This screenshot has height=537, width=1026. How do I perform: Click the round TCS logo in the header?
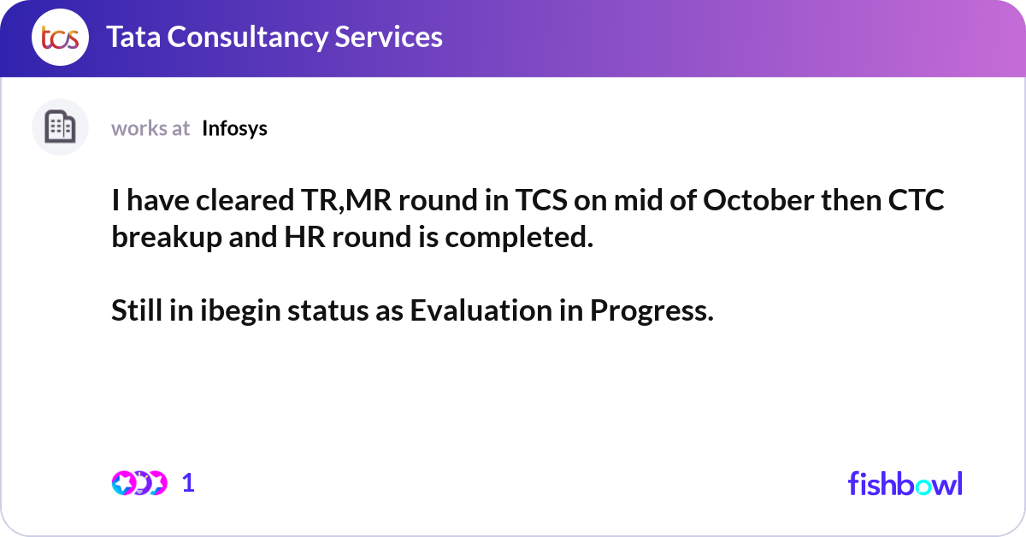pyautogui.click(x=60, y=37)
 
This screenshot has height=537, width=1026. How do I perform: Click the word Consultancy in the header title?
pyautogui.click(x=247, y=38)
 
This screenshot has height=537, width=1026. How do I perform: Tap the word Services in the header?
pyautogui.click(x=388, y=37)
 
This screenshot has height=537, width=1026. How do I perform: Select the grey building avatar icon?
pyautogui.click(x=60, y=127)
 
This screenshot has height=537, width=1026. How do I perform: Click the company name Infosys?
pyautogui.click(x=234, y=129)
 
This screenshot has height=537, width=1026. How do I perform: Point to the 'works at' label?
pyautogui.click(x=150, y=129)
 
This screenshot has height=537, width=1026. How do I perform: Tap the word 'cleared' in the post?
pyautogui.click(x=245, y=200)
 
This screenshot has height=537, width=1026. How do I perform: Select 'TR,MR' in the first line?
pyautogui.click(x=346, y=200)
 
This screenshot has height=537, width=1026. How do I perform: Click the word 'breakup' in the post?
pyautogui.click(x=167, y=238)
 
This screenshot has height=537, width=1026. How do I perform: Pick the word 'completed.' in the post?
pyautogui.click(x=519, y=238)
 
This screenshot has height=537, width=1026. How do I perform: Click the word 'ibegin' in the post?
pyautogui.click(x=240, y=311)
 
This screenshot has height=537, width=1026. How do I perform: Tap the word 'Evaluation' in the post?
pyautogui.click(x=481, y=310)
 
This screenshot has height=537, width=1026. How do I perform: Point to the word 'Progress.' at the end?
pyautogui.click(x=652, y=311)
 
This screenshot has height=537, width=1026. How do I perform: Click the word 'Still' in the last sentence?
pyautogui.click(x=137, y=310)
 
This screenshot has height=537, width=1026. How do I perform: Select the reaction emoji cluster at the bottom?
pyautogui.click(x=139, y=483)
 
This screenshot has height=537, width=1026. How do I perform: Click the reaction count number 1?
pyautogui.click(x=188, y=483)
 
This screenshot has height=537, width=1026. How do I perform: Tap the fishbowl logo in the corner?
pyautogui.click(x=905, y=483)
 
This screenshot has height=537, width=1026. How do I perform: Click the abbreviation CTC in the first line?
pyautogui.click(x=916, y=200)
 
